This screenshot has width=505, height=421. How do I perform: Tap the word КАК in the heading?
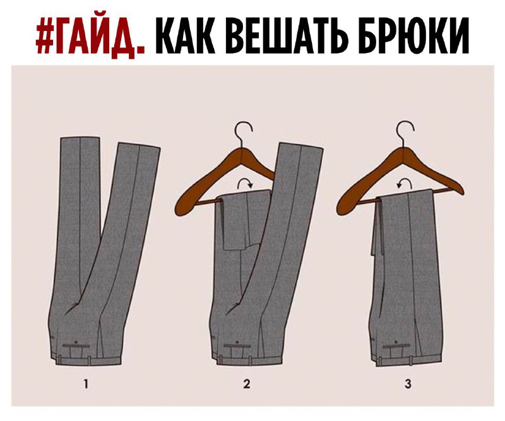pyautogui.click(x=185, y=35)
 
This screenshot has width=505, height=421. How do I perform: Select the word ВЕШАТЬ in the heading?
pyautogui.click(x=285, y=35)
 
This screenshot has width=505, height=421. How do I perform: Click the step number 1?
pyautogui.click(x=86, y=384)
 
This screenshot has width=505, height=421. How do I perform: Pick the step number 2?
pyautogui.click(x=247, y=384)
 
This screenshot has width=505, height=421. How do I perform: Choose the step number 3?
pyautogui.click(x=408, y=384)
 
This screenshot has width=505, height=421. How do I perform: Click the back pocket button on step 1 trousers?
pyautogui.click(x=76, y=341)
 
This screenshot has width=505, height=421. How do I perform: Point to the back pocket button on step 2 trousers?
pyautogui.click(x=237, y=341)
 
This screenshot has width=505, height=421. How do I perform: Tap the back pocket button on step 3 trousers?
pyautogui.click(x=396, y=341)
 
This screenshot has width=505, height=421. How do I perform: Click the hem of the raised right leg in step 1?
pyautogui.click(x=139, y=146)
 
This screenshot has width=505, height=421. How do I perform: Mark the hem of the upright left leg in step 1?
pyautogui.click(x=80, y=138)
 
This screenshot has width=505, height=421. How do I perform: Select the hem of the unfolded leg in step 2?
pyautogui.click(x=302, y=145)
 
